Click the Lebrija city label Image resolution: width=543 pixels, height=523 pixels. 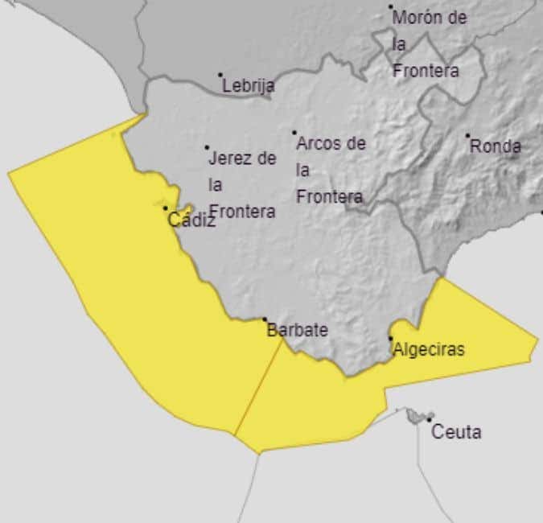(249, 85)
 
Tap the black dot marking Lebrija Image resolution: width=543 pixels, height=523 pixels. (220, 75)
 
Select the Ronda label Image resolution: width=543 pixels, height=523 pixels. (495, 146)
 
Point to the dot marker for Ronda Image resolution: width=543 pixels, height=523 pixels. (467, 136)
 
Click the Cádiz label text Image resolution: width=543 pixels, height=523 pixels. (191, 220)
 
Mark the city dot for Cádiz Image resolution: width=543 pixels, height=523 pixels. (166, 208)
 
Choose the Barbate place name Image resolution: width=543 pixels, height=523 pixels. (297, 330)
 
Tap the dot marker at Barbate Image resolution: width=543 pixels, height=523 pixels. (265, 319)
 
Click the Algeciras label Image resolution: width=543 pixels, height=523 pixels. (428, 350)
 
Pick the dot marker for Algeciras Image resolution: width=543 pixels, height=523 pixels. (391, 339)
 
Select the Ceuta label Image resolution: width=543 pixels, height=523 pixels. (456, 432)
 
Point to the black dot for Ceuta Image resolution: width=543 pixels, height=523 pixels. (430, 420)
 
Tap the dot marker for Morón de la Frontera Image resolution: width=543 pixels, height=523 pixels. (392, 7)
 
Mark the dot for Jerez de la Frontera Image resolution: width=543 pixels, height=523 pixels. (207, 147)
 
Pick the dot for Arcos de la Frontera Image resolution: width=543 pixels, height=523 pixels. (294, 133)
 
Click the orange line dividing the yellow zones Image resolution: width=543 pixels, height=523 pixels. (258, 386)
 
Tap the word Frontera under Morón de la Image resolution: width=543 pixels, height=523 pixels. (426, 71)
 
